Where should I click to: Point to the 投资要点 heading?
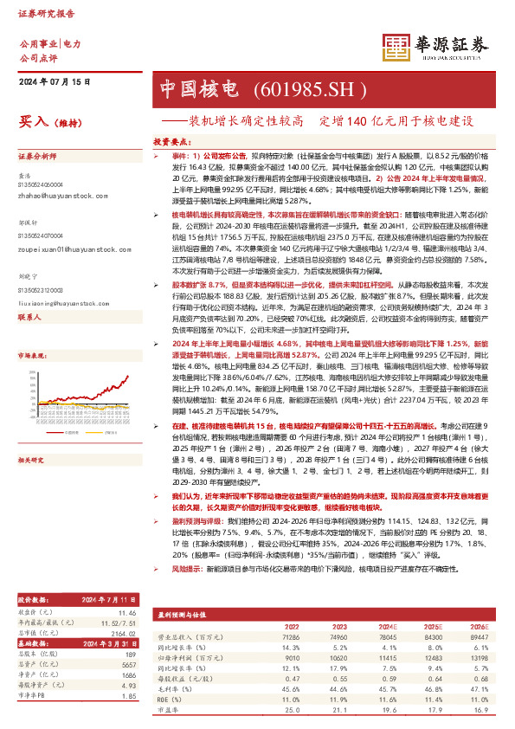(x=171, y=139)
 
